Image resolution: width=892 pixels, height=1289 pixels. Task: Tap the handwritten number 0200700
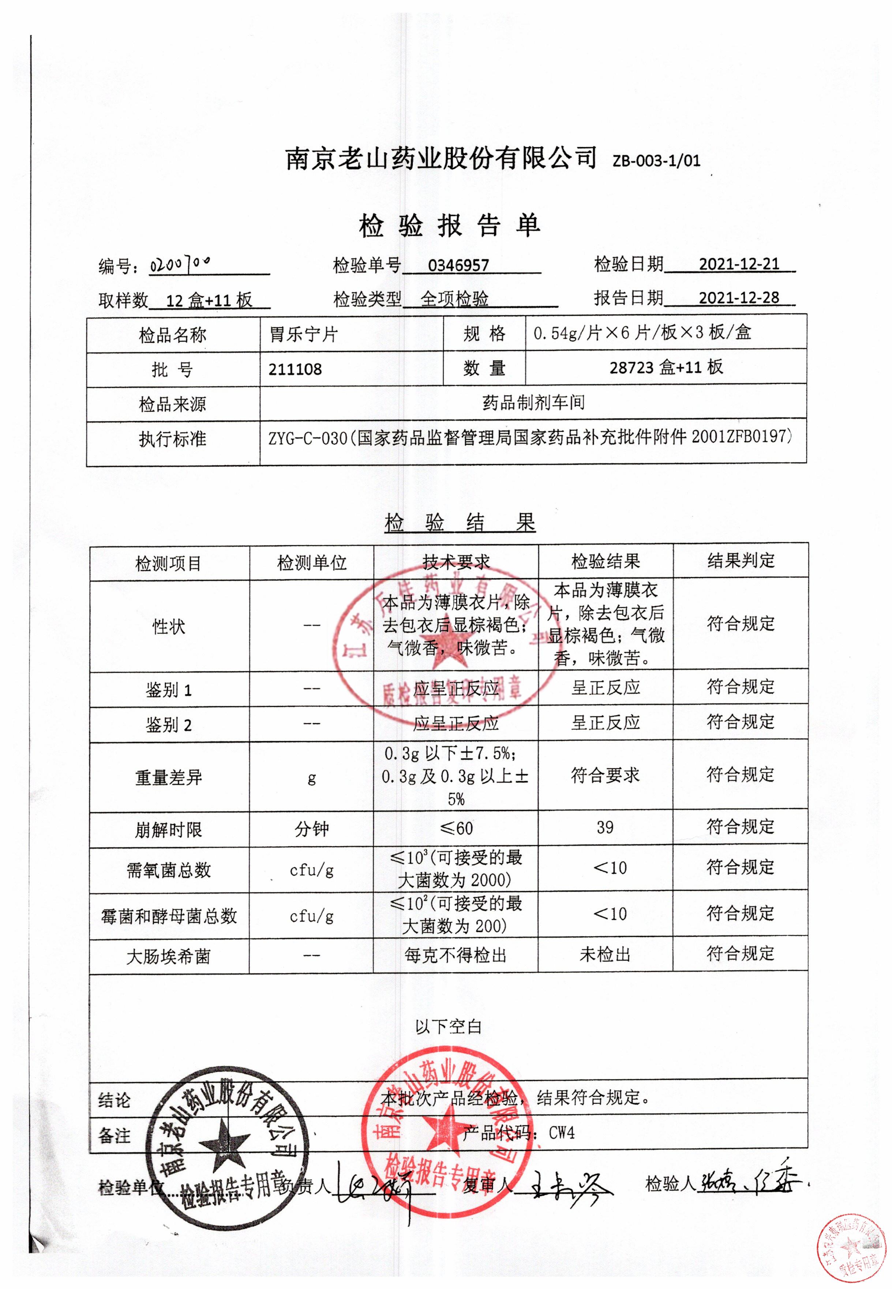pyautogui.click(x=180, y=264)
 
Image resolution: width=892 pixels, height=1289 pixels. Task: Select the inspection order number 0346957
pyautogui.click(x=458, y=265)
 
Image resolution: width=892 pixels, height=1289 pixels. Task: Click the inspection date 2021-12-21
pyautogui.click(x=739, y=264)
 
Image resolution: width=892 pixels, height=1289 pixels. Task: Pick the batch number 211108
pyautogui.click(x=295, y=369)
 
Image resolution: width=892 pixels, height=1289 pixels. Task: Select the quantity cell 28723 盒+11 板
pyautogui.click(x=666, y=367)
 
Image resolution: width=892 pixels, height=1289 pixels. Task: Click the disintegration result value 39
pyautogui.click(x=605, y=828)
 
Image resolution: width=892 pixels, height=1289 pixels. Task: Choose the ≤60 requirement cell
pyautogui.click(x=456, y=828)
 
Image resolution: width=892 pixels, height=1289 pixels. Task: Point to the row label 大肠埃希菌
pyautogui.click(x=168, y=957)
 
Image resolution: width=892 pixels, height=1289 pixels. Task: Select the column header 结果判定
pyautogui.click(x=741, y=560)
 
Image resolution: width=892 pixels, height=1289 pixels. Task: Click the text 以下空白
pyautogui.click(x=448, y=1027)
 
